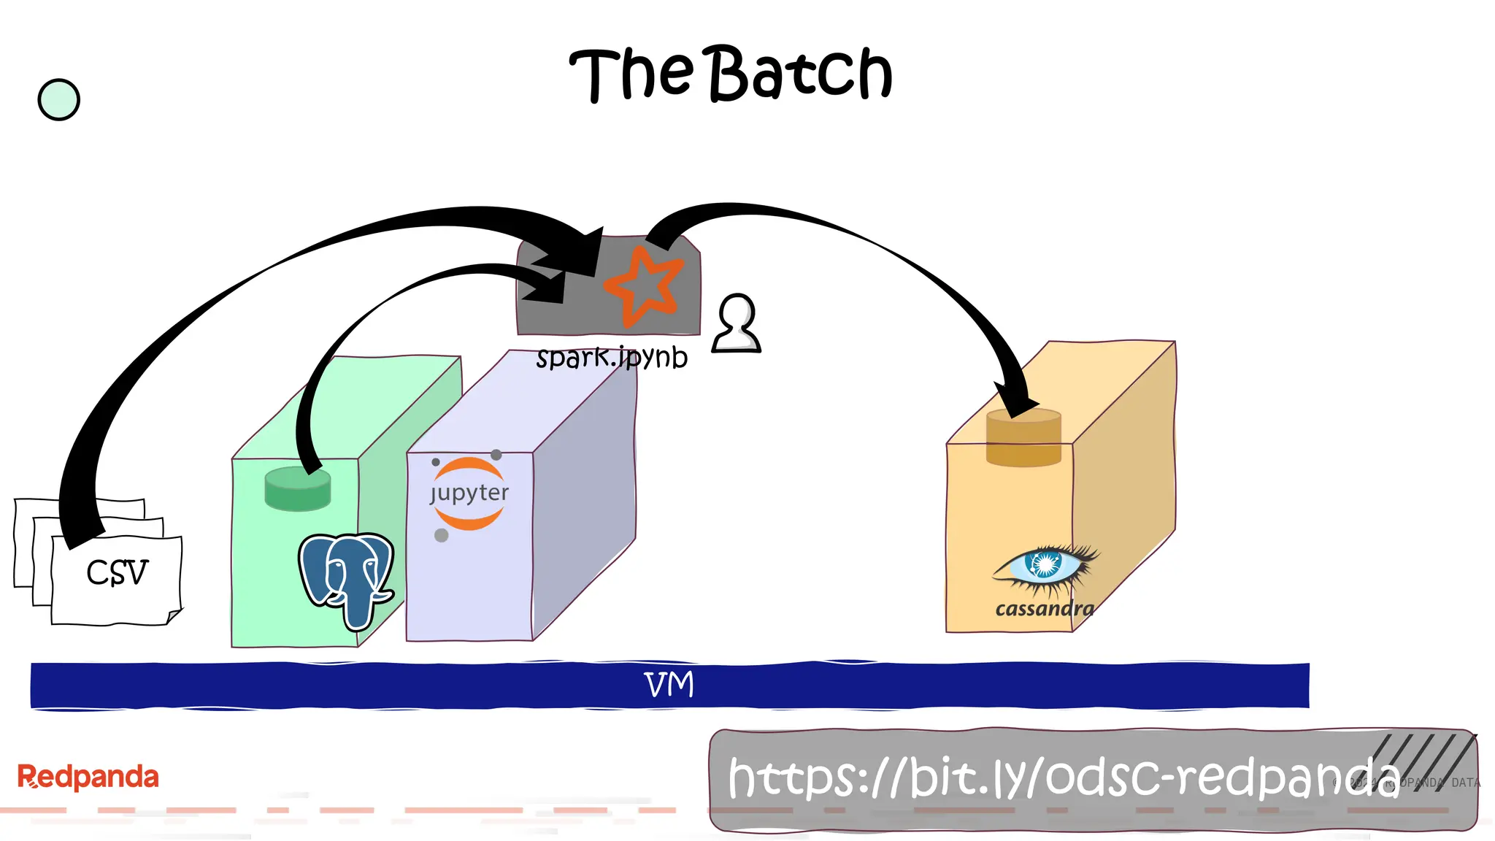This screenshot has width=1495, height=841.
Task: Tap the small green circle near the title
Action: coord(58,99)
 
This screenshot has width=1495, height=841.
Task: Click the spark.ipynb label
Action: coord(612,358)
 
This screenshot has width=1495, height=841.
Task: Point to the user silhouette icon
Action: coord(737,324)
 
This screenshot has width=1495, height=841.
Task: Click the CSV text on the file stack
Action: coord(117,572)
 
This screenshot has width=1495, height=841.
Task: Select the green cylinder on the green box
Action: coord(297,489)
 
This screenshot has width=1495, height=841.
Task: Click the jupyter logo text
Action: coord(469,493)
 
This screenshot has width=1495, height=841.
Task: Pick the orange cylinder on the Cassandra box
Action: coord(1023,438)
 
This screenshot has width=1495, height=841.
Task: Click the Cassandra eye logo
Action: coord(1045,565)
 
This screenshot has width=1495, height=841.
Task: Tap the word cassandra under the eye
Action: coord(1045,609)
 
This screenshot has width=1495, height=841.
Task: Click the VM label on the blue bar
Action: coord(669,685)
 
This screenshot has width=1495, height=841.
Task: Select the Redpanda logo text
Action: coord(88,777)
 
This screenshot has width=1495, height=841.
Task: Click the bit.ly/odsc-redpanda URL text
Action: coord(1062,778)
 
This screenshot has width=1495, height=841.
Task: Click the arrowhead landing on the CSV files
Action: coord(80,529)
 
